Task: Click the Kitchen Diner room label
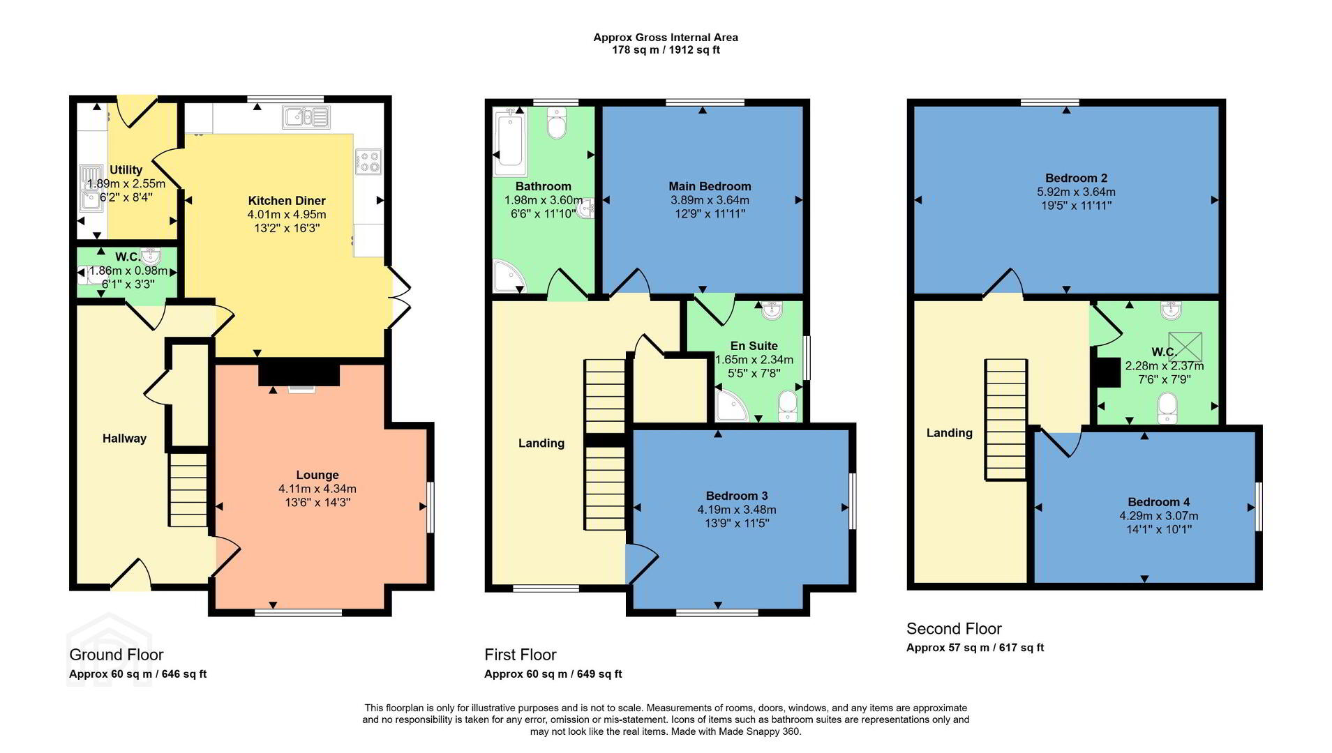(287, 201)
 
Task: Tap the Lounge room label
(317, 476)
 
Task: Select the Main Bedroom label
(710, 186)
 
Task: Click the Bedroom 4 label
(1158, 502)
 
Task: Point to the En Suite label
(754, 346)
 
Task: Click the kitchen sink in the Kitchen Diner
(306, 117)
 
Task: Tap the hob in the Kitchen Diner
(368, 162)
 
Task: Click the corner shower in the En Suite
(729, 407)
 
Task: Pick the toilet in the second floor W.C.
(1167, 409)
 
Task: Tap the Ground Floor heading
(116, 655)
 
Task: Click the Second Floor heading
(954, 628)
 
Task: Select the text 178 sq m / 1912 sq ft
(666, 50)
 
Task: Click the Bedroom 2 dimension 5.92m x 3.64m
(1076, 192)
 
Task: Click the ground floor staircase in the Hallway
(188, 489)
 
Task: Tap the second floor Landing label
(949, 433)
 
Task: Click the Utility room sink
(91, 189)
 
